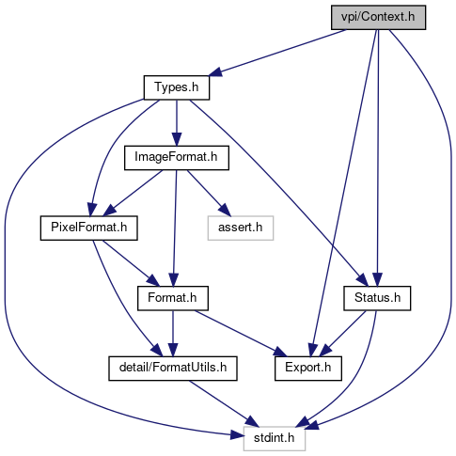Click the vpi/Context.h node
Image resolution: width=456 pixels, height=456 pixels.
[378, 18]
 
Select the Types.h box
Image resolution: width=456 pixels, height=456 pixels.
[177, 87]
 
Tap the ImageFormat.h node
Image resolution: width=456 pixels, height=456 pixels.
[177, 158]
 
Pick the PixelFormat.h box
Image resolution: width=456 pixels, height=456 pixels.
[89, 228]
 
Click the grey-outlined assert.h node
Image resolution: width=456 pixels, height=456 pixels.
[241, 228]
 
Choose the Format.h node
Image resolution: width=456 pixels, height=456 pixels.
[173, 298]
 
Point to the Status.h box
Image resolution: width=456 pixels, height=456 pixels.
[377, 298]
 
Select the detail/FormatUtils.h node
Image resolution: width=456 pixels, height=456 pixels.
[173, 369]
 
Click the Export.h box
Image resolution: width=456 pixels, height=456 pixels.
[308, 369]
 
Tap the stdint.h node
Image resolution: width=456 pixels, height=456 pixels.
[275, 438]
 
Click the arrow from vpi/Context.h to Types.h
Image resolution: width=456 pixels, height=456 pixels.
[277, 53]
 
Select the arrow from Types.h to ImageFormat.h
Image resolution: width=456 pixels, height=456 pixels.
[177, 123]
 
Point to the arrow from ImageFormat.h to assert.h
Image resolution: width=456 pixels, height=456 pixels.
[209, 194]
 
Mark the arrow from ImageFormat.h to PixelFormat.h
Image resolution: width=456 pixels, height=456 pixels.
[133, 194]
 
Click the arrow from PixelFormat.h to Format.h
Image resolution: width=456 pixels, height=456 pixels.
[131, 263]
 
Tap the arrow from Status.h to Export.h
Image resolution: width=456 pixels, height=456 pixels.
[342, 334]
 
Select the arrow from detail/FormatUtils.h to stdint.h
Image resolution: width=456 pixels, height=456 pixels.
[224, 403]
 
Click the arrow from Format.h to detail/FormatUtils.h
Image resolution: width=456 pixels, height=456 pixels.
[173, 334]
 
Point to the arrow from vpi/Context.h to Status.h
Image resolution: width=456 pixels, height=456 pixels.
[378, 158]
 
